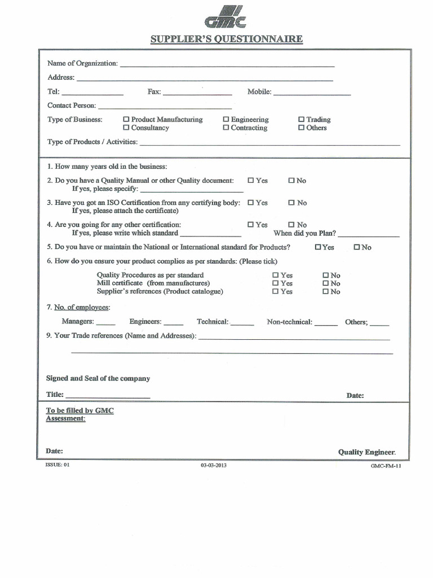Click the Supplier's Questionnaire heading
click(226, 39)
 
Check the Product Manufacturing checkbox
click(126, 120)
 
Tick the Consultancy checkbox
click(126, 128)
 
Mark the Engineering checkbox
click(226, 120)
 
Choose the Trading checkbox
click(302, 120)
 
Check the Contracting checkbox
click(226, 128)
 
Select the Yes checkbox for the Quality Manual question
click(251, 181)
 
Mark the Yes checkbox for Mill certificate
click(276, 283)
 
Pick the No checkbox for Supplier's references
click(325, 292)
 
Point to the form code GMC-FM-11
click(386, 466)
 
